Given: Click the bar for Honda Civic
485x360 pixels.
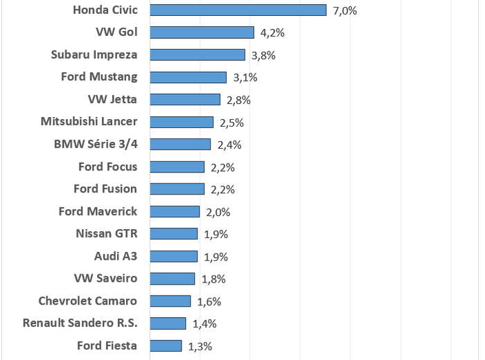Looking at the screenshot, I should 238,10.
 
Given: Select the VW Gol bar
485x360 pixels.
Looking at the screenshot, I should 202,33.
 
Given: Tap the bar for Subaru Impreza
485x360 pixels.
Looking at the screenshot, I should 197,55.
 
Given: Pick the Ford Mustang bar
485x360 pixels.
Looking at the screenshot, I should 188,77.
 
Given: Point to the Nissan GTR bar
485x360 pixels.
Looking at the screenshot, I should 173,234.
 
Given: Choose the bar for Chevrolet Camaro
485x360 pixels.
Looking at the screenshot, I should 170,301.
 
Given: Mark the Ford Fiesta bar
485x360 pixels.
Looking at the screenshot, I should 166,345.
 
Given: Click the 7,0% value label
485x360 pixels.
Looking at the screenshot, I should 344,10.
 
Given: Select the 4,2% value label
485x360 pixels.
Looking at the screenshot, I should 272,33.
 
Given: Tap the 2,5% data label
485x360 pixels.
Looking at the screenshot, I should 231,123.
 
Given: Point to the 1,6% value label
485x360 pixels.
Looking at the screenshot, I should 209,301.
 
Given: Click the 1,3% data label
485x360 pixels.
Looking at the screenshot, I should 200,345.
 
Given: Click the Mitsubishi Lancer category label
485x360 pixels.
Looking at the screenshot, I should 89,122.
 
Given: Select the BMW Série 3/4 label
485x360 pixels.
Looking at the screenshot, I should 96,144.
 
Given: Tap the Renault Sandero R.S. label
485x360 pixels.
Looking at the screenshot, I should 80,323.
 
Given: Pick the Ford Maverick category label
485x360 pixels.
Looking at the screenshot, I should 98,211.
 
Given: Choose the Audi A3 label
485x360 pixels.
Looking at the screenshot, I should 116,256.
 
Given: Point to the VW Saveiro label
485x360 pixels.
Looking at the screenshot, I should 105,278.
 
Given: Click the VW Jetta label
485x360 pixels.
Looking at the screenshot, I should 113,99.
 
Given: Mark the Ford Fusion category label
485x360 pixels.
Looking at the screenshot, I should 105,189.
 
